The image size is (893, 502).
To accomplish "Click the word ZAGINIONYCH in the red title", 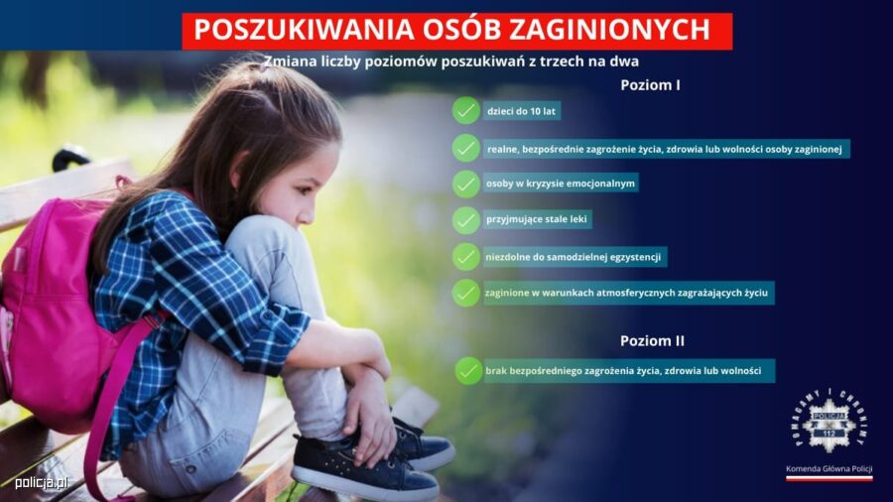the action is (x=609, y=30).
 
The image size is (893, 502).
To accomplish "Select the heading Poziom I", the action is (x=650, y=85).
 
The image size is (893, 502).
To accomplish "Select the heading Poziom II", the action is (x=652, y=341).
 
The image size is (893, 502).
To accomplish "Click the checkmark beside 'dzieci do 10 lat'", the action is (x=466, y=110).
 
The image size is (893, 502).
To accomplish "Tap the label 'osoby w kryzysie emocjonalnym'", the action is (x=561, y=184).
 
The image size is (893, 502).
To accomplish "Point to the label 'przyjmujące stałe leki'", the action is (x=537, y=219).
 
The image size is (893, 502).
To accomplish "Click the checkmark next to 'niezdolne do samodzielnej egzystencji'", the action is (x=466, y=257).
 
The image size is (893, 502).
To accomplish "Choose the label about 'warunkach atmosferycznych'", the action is (x=626, y=293).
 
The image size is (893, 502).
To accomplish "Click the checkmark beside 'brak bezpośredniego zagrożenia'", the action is (x=468, y=370).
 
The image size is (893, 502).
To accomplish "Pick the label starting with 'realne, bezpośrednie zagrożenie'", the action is (x=665, y=149).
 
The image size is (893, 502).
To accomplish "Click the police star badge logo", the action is (x=829, y=422).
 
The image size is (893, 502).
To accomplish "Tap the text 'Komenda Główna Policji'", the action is (x=829, y=469).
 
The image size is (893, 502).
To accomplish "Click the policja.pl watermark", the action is (x=42, y=483).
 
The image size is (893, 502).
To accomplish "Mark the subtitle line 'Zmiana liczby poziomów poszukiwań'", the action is (x=451, y=62).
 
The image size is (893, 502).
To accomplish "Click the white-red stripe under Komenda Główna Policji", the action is (x=829, y=478).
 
